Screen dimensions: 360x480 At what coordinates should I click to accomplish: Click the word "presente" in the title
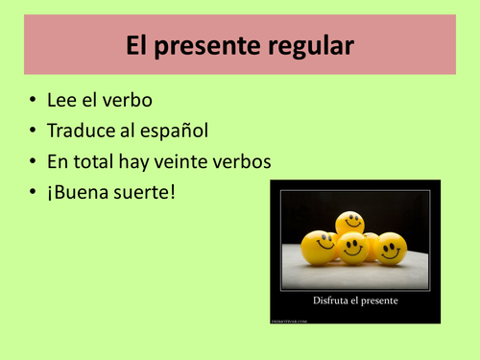tap(220, 45)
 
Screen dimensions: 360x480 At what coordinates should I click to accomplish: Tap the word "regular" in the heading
tap(313, 45)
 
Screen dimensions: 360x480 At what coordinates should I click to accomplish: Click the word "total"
tap(105, 159)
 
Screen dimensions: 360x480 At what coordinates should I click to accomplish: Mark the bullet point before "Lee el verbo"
tap(34, 101)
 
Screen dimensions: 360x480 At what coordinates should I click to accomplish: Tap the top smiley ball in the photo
tap(350, 223)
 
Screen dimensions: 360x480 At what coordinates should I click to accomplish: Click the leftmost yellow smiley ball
tap(319, 245)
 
